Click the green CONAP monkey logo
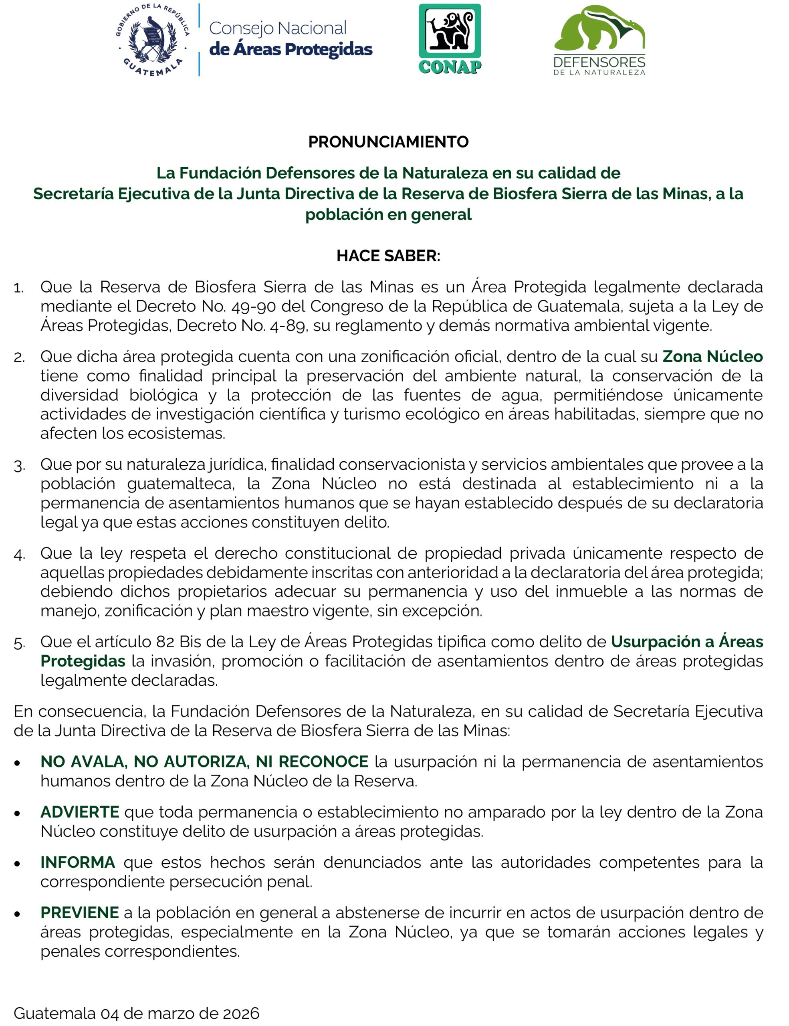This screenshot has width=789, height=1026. click(x=450, y=38)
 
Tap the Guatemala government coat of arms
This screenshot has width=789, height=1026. click(x=153, y=40)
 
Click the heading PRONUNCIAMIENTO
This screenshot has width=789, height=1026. click(x=388, y=142)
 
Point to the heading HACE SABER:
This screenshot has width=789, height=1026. click(x=388, y=256)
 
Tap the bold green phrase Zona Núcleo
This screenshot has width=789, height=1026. click(x=712, y=357)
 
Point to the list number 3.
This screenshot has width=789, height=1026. click(x=19, y=466)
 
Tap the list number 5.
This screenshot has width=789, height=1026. click(x=19, y=643)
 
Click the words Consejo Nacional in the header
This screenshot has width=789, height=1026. click(x=278, y=28)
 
